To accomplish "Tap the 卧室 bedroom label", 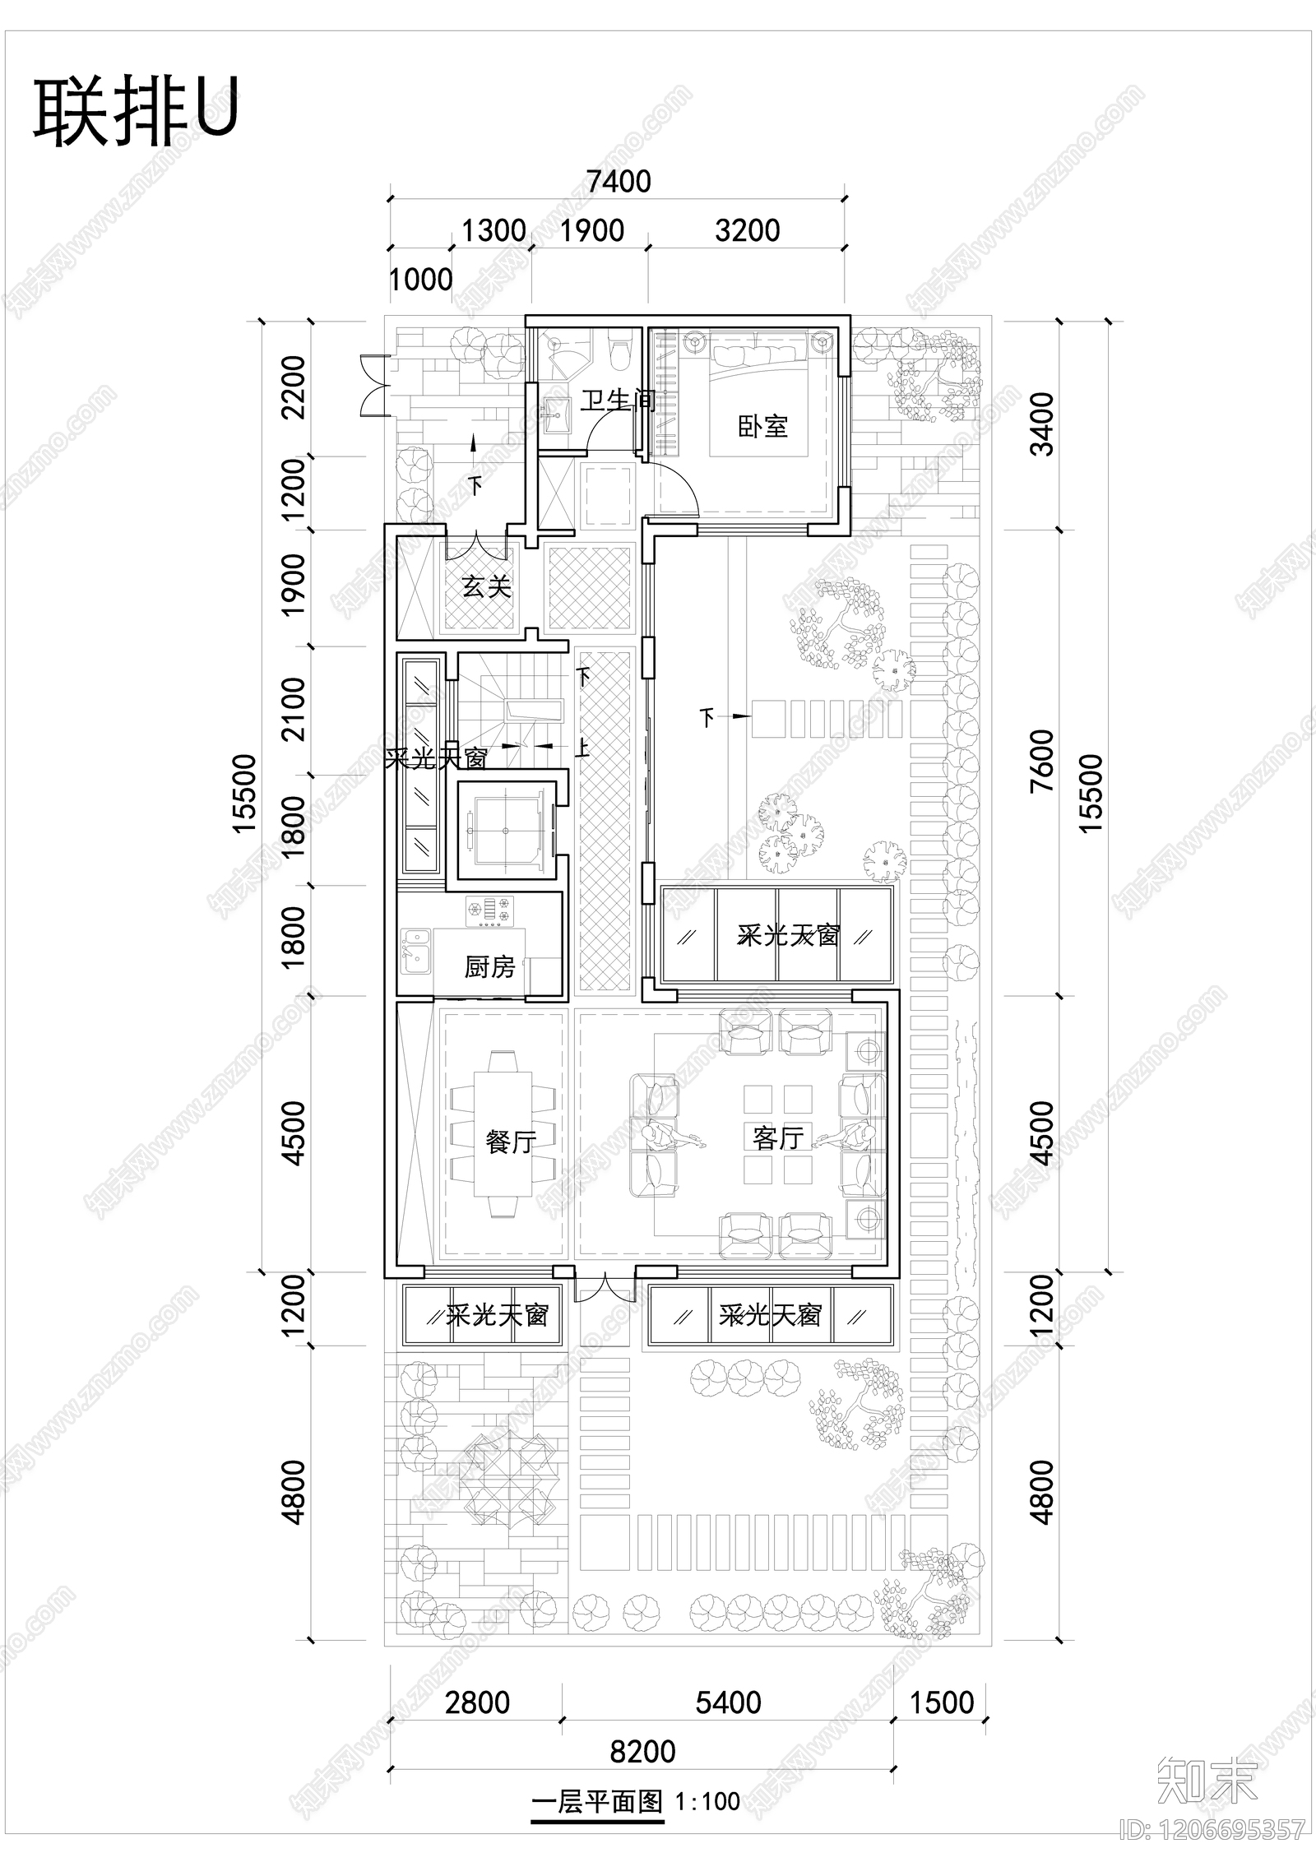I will point(762,426).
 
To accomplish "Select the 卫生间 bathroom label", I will point(617,401).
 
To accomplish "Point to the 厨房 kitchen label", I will point(489,966).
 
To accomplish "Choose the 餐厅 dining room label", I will point(510,1141).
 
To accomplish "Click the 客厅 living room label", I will point(777,1137).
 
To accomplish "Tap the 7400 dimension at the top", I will point(619,181).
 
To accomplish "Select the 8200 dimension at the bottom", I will point(642,1751).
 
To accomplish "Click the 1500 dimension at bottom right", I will point(941,1702).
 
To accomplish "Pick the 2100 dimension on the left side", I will point(293,709).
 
